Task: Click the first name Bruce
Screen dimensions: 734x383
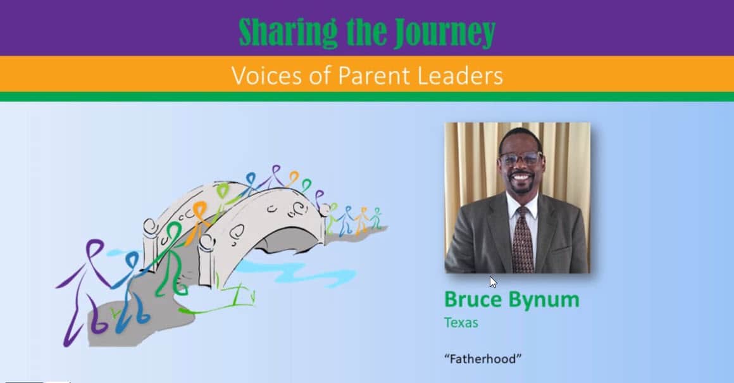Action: tap(474, 299)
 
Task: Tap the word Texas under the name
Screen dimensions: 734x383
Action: tap(461, 323)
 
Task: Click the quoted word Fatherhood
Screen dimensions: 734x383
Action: tap(483, 359)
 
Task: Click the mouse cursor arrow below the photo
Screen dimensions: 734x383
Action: tap(493, 282)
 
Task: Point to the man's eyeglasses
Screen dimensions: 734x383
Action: tap(521, 159)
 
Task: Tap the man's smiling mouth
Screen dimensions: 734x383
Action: tap(521, 178)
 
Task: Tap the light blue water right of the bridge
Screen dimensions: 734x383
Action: tap(299, 272)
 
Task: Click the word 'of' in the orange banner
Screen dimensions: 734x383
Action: tap(320, 75)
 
